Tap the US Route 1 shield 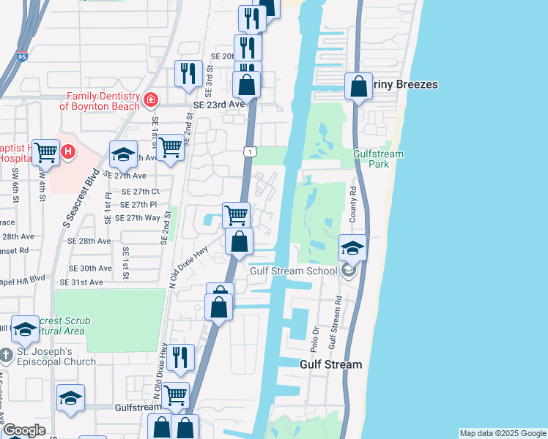pyautogui.click(x=251, y=151)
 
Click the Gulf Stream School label pyautogui.click(x=294, y=271)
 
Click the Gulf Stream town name pyautogui.click(x=331, y=364)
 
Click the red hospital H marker pyautogui.click(x=67, y=152)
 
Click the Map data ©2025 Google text pyautogui.click(x=503, y=433)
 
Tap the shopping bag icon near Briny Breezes pyautogui.click(x=358, y=87)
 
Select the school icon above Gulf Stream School pyautogui.click(x=352, y=247)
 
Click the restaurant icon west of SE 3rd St pyautogui.click(x=188, y=73)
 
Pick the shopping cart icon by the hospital pyautogui.click(x=45, y=152)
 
